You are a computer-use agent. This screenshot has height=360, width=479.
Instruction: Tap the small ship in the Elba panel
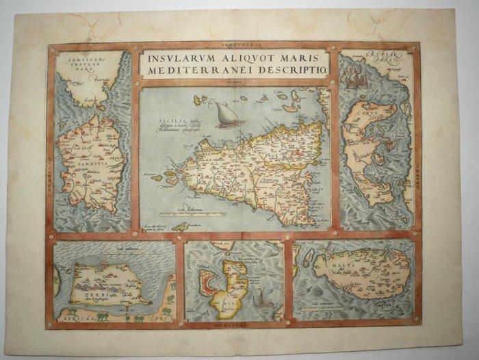pos(261,295)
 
